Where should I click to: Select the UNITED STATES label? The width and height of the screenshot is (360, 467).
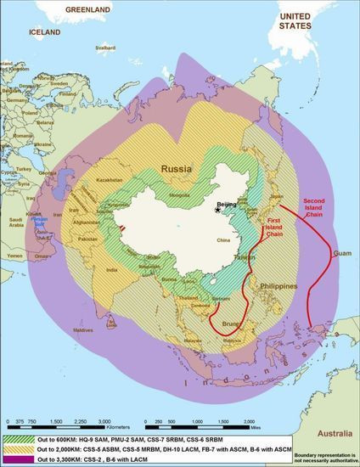pos(295,20)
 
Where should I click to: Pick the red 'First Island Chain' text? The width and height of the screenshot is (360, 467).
pos(271,224)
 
